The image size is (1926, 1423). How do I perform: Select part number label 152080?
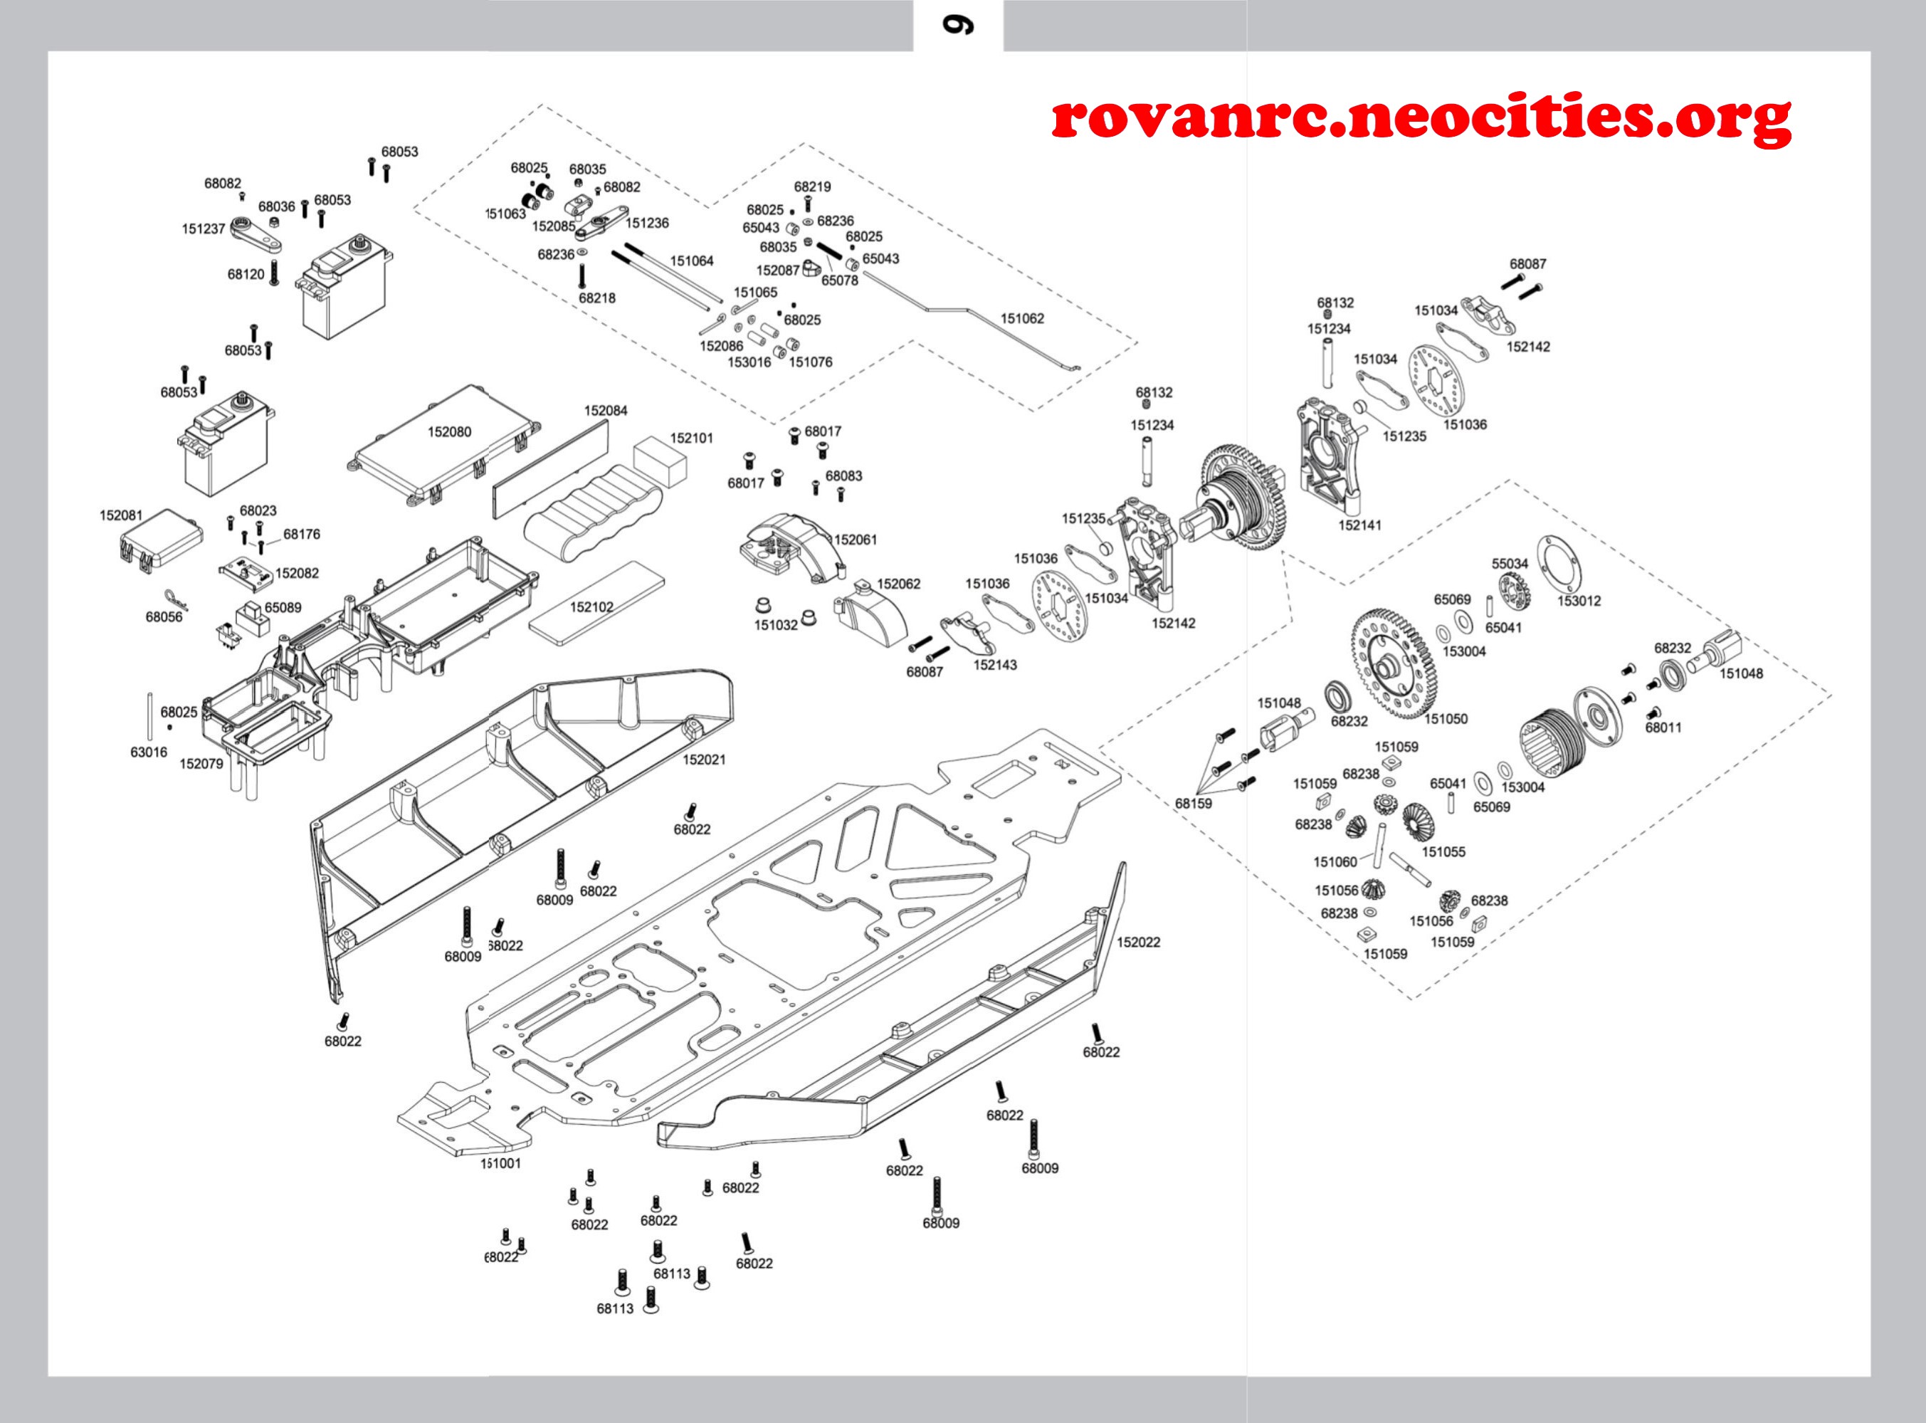[x=449, y=431]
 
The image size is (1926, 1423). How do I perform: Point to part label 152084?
[x=606, y=410]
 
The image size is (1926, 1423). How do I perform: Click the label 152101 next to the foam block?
[x=692, y=438]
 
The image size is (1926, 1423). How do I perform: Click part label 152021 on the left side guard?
[x=704, y=759]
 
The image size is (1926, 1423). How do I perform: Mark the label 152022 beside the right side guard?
[x=1138, y=942]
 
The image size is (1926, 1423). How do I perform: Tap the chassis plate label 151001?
[x=500, y=1163]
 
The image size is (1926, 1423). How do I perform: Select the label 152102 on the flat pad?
[x=591, y=607]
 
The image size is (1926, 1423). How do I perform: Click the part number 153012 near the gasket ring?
[x=1579, y=600]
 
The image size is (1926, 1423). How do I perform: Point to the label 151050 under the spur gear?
[x=1446, y=718]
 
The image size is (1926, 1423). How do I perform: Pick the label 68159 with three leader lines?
[x=1193, y=804]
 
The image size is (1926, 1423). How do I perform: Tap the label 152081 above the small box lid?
[x=120, y=515]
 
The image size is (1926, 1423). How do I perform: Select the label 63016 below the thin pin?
[x=148, y=752]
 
